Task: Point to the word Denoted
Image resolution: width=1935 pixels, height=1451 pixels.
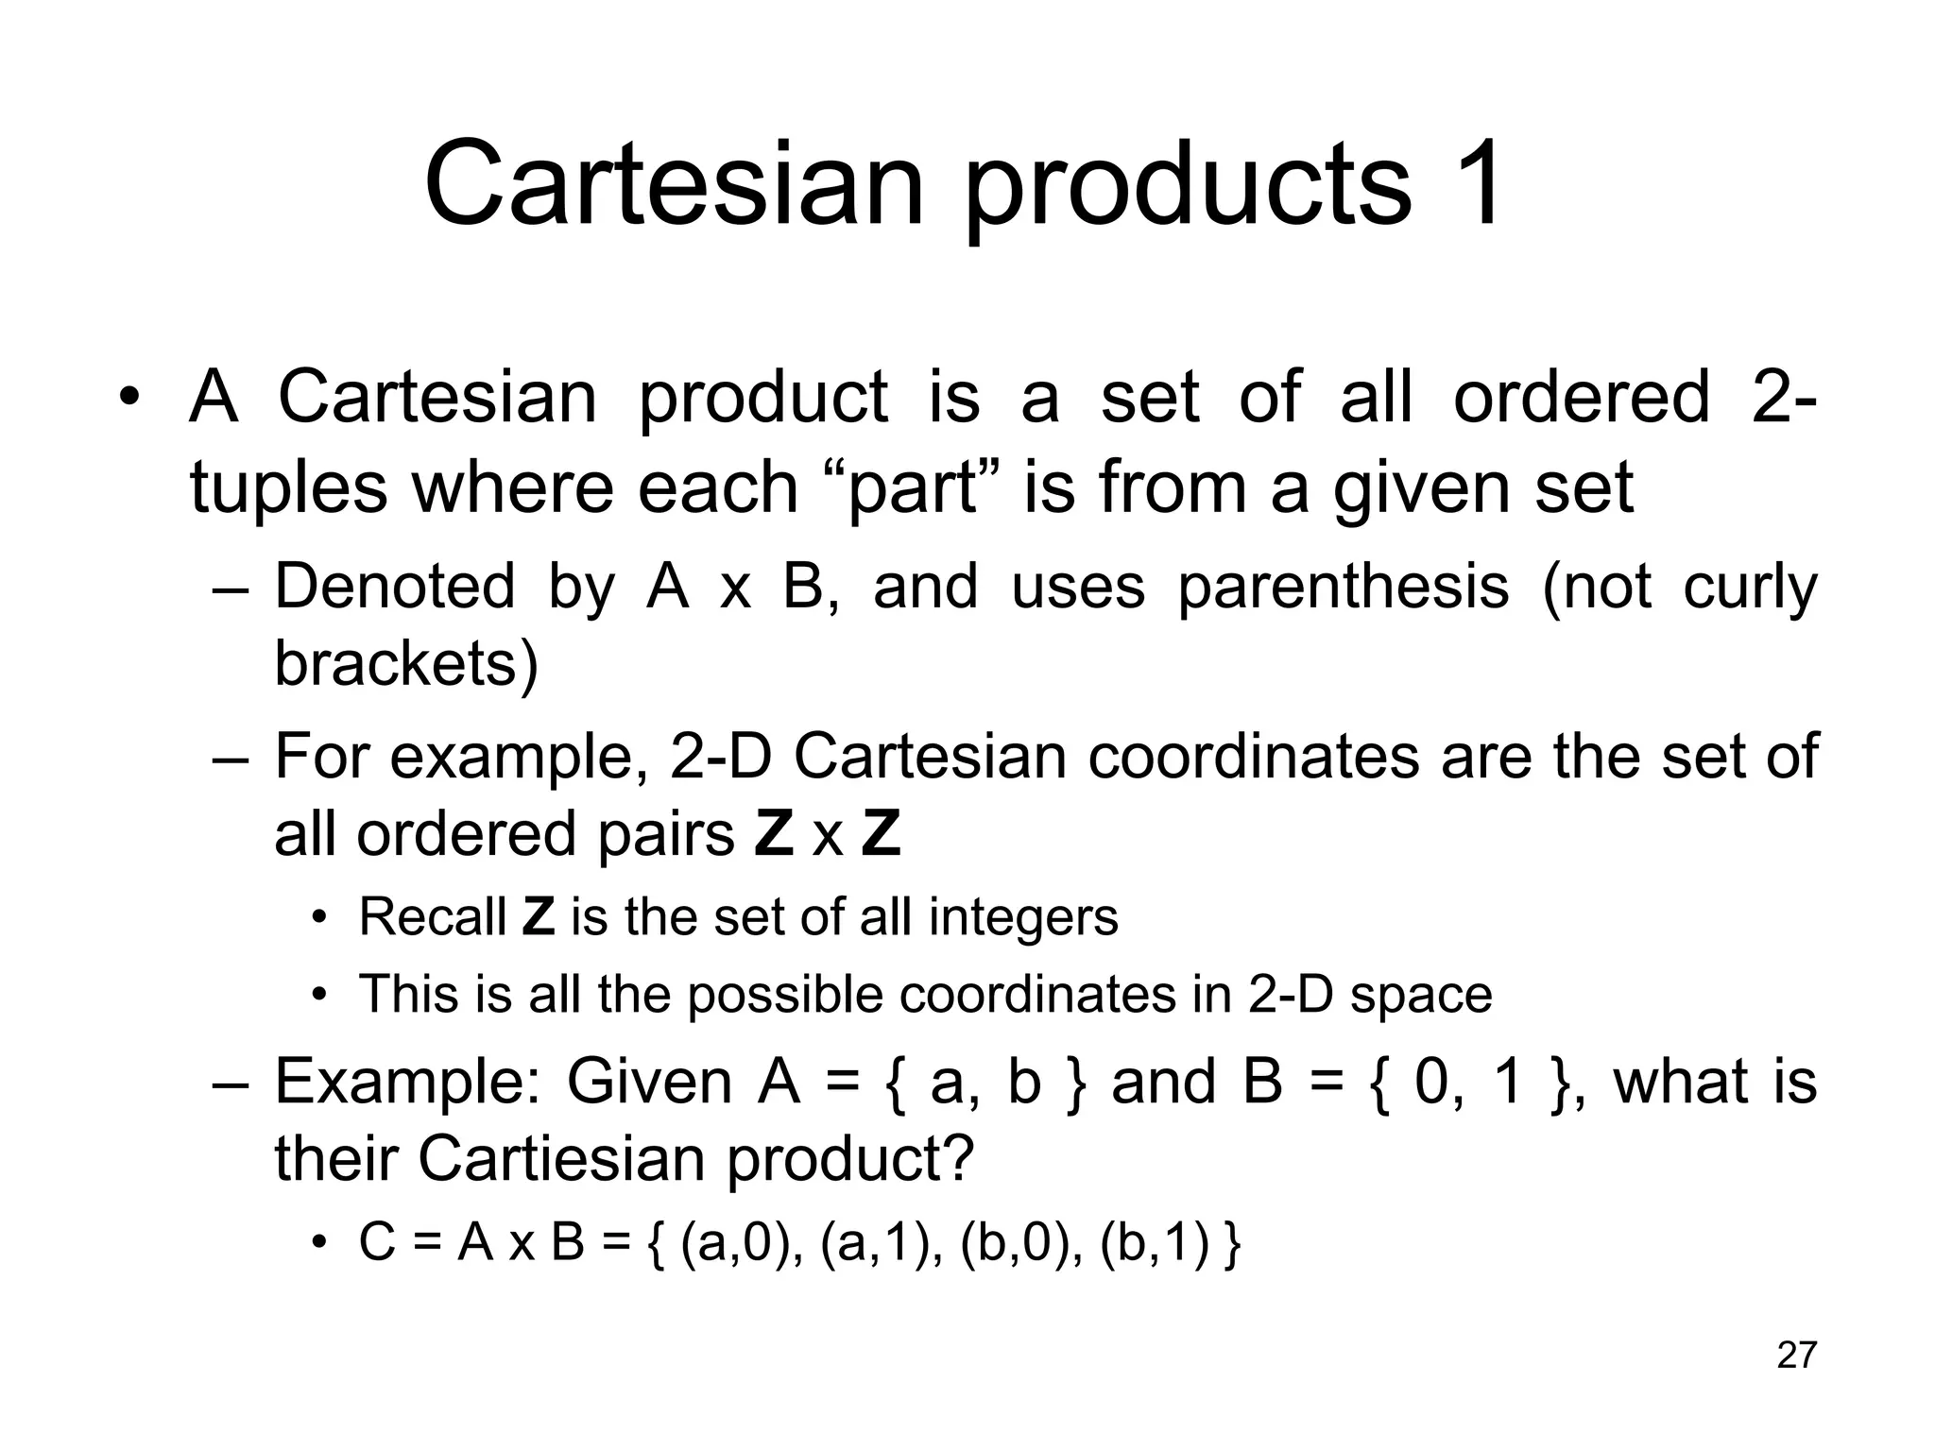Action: pos(395,587)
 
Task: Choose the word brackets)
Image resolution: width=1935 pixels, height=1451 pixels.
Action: pos(406,664)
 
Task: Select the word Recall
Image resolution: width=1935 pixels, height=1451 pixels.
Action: pos(433,917)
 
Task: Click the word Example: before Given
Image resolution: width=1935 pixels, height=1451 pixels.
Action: pos(406,1083)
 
